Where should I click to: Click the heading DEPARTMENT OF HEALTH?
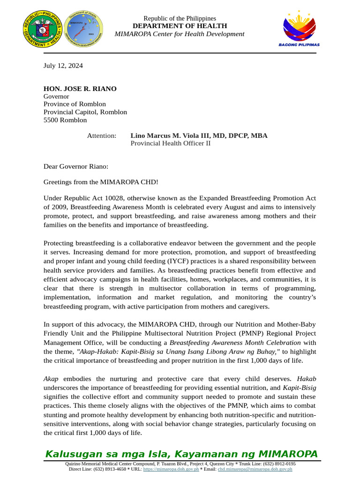pos(180,26)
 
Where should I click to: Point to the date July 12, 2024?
pos(63,66)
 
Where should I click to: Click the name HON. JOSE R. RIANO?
pos(80,89)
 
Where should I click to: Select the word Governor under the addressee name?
pos(56,97)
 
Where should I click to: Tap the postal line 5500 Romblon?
pos(65,120)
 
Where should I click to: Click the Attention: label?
pos(102,136)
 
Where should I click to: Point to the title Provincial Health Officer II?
pos(170,143)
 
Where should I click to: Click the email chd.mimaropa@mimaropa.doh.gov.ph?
pos(255,469)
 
